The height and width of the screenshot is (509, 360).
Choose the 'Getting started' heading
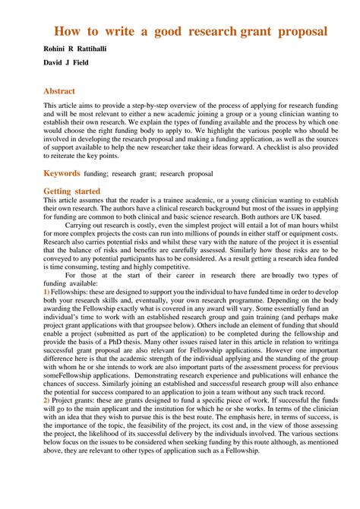(x=71, y=191)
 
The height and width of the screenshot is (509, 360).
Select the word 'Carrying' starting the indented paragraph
(x=79, y=227)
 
